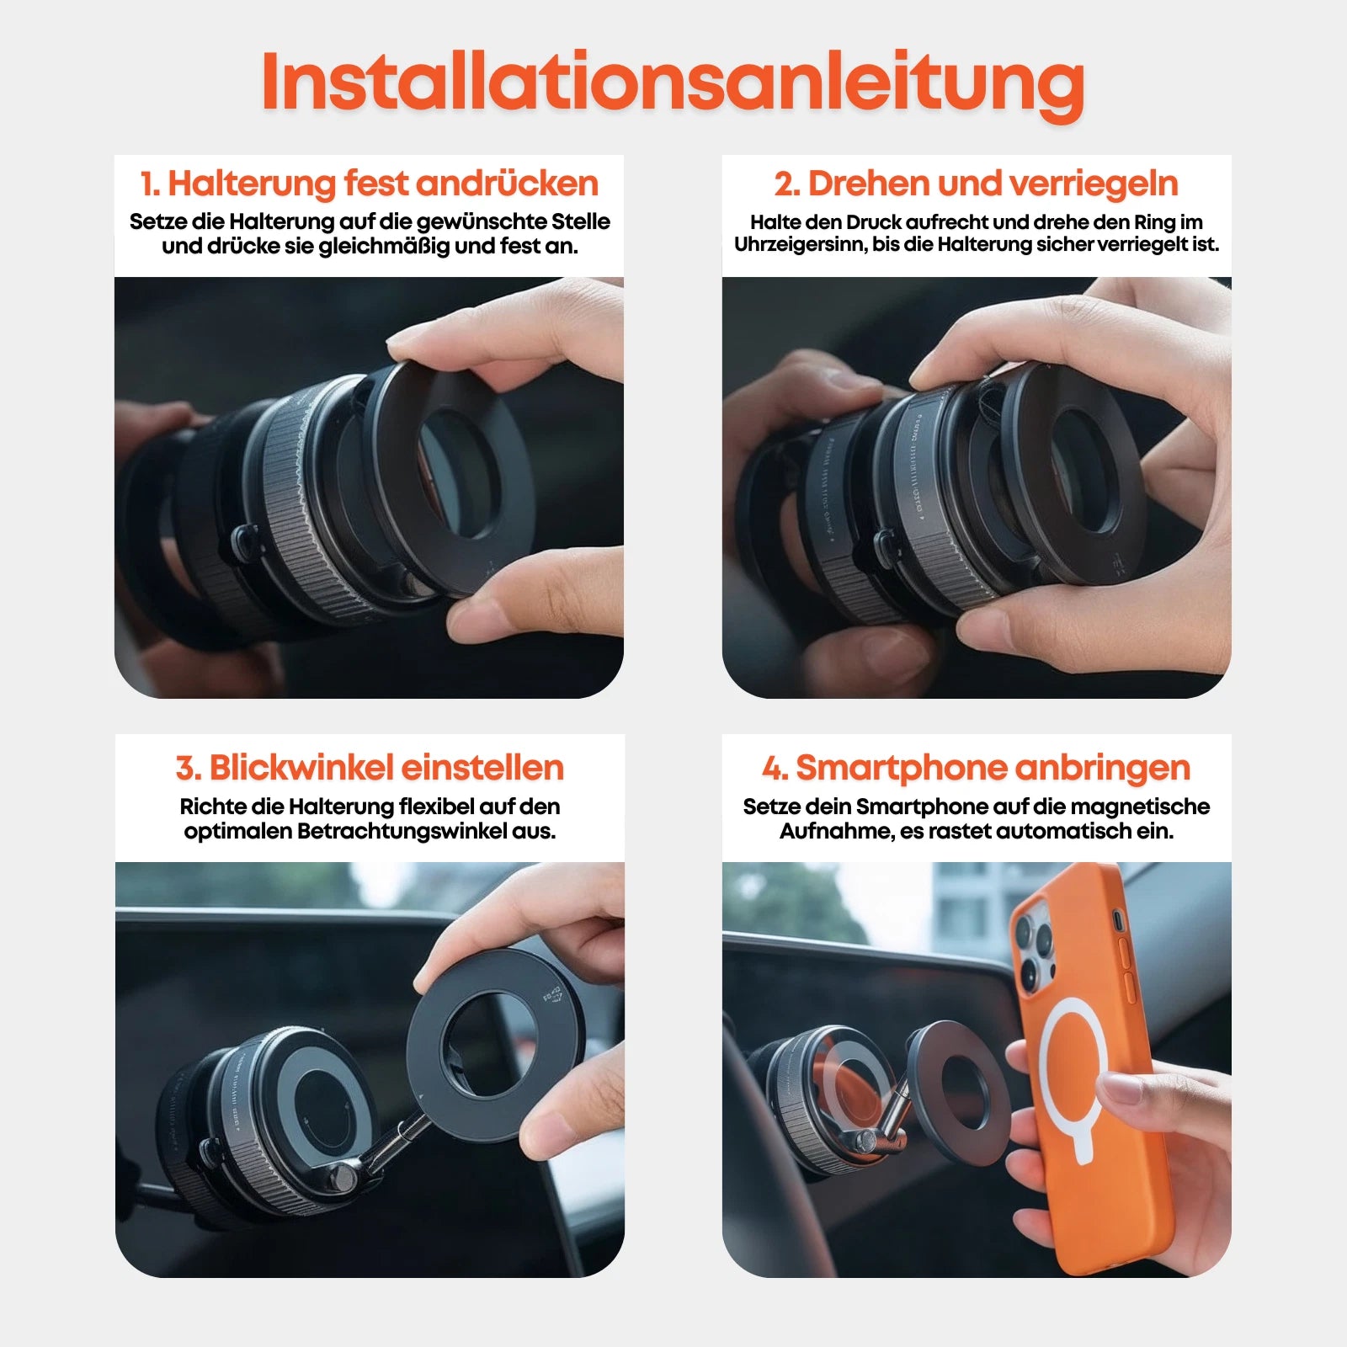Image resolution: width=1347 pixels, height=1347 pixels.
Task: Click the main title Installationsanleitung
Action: tap(673, 82)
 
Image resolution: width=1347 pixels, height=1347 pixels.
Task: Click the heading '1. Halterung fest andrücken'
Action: tap(369, 184)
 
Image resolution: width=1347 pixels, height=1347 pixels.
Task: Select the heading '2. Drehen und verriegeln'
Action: tap(976, 184)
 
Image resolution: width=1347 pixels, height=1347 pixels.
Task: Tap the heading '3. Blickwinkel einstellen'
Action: tap(369, 768)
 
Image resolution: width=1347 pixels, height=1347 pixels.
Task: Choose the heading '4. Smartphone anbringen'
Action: tap(976, 768)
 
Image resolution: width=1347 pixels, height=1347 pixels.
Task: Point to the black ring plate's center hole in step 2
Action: tap(1086, 471)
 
